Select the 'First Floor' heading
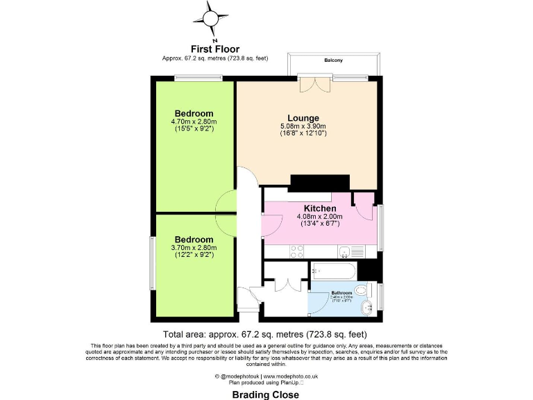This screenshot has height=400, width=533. [215, 49]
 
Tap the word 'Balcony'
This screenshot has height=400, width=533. [333, 61]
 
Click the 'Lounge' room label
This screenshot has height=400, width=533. [303, 118]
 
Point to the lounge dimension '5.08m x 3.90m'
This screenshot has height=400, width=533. [303, 126]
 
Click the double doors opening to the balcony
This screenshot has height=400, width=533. [318, 86]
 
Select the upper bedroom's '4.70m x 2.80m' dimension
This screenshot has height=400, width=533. [194, 122]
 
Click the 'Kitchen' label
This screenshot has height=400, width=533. [320, 208]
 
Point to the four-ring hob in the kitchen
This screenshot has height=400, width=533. [297, 251]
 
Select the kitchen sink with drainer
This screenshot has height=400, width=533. [351, 251]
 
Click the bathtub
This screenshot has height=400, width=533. [334, 270]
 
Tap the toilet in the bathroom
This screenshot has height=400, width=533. [362, 290]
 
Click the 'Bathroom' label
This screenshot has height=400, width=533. [341, 293]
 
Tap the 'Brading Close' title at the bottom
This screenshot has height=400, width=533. [266, 394]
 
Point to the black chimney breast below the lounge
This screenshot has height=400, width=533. [319, 182]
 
